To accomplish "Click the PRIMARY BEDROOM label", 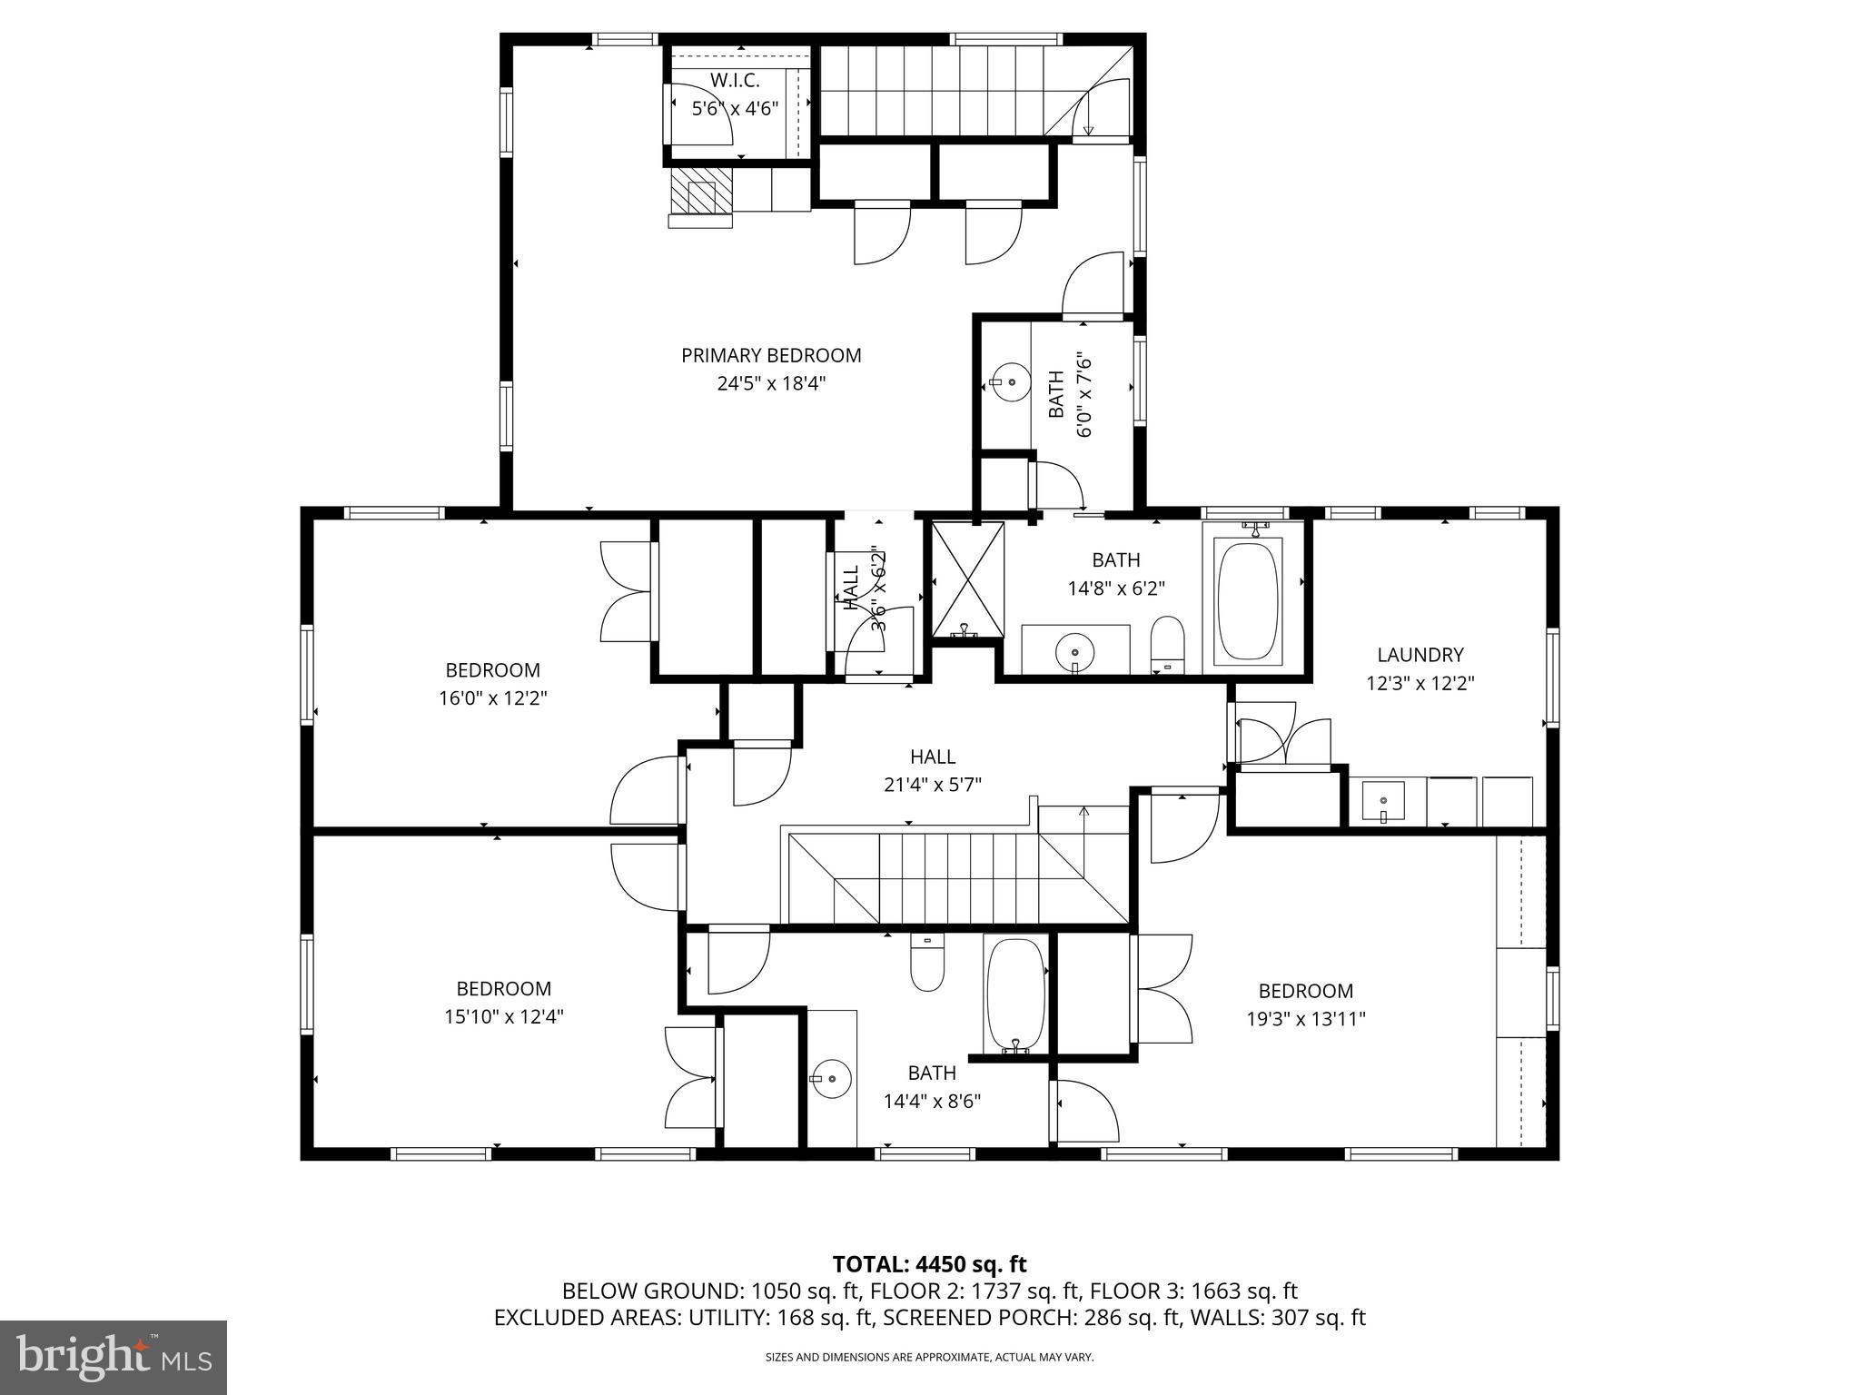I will click(x=771, y=355).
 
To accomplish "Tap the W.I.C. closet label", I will click(x=735, y=81).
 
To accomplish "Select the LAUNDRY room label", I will click(x=1420, y=655).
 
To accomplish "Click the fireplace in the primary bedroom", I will click(x=700, y=195).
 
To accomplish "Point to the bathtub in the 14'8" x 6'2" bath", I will click(x=1248, y=600).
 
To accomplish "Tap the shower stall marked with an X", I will click(x=968, y=579).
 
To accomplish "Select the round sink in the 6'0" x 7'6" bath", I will click(x=1010, y=381).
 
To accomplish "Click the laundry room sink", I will click(x=1382, y=802).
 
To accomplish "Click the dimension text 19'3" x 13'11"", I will click(x=1306, y=1019).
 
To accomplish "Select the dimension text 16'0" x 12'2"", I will click(x=492, y=698).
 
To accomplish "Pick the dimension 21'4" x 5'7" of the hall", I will click(x=933, y=784).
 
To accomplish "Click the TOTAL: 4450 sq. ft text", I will click(x=929, y=1264).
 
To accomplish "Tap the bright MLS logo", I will click(x=114, y=1358).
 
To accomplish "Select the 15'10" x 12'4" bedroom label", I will click(x=503, y=988).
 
